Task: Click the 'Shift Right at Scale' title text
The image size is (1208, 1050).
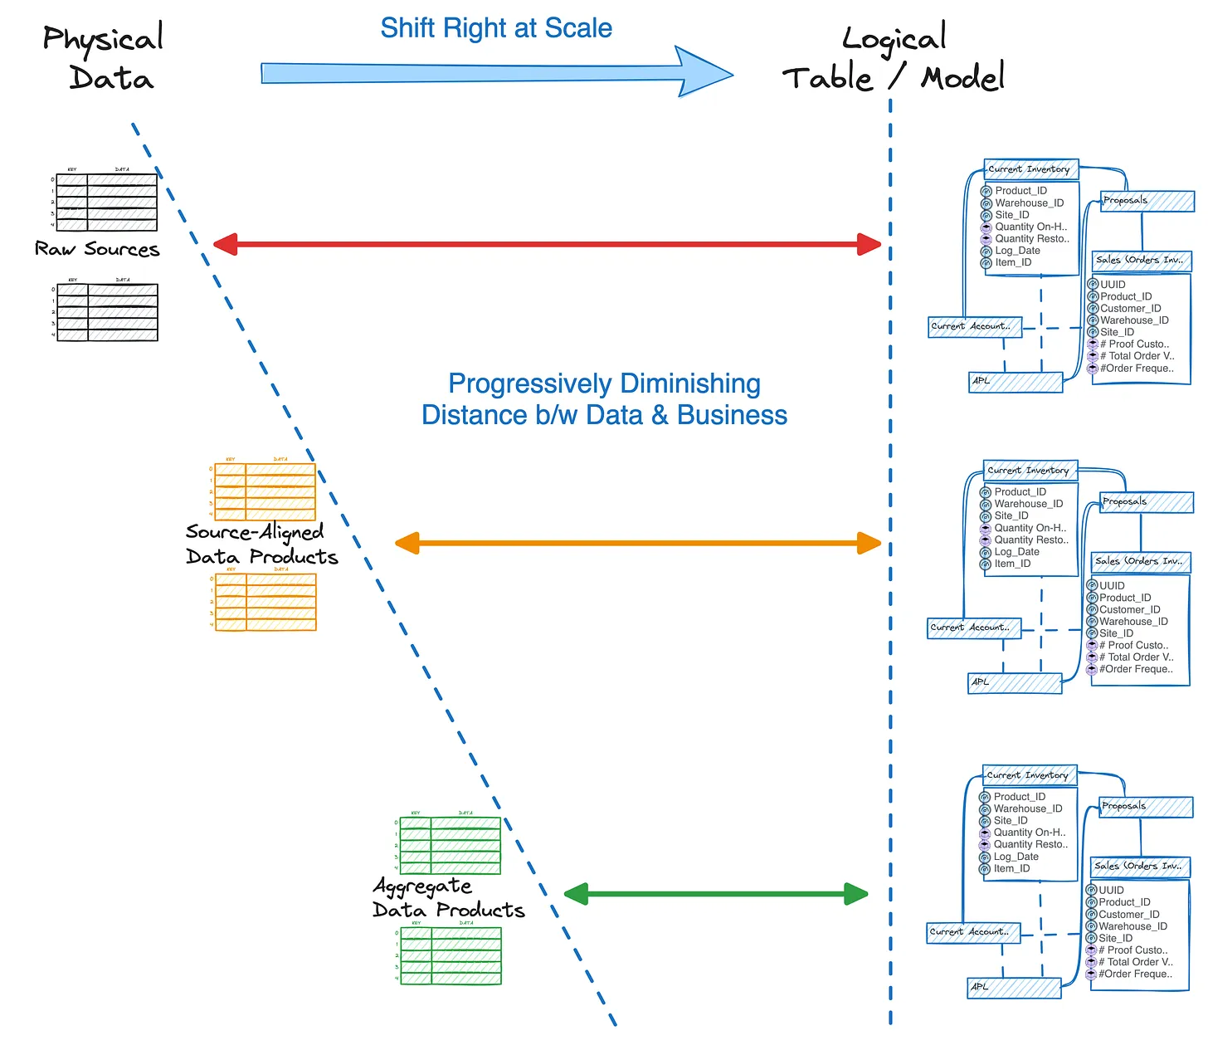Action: (x=496, y=28)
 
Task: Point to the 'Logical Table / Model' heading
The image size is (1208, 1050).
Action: (x=894, y=58)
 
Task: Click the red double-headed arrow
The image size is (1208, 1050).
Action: (x=548, y=244)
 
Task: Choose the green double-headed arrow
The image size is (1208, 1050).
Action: (x=715, y=894)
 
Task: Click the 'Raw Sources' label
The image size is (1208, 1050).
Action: (x=97, y=249)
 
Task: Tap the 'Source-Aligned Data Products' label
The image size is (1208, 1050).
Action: (x=261, y=545)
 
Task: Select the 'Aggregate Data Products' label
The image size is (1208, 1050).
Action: (x=448, y=898)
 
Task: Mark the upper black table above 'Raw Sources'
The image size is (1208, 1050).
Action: (x=106, y=202)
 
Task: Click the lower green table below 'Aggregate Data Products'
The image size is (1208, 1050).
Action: (x=451, y=955)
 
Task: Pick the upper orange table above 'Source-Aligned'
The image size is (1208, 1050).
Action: (x=265, y=491)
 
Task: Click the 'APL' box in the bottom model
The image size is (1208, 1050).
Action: (x=1015, y=988)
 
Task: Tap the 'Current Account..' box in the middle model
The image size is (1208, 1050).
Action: (x=973, y=628)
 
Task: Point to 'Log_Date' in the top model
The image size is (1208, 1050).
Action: (x=1017, y=251)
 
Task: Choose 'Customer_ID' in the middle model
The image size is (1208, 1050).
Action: (x=1129, y=609)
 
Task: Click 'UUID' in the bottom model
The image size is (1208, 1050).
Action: (x=1111, y=890)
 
